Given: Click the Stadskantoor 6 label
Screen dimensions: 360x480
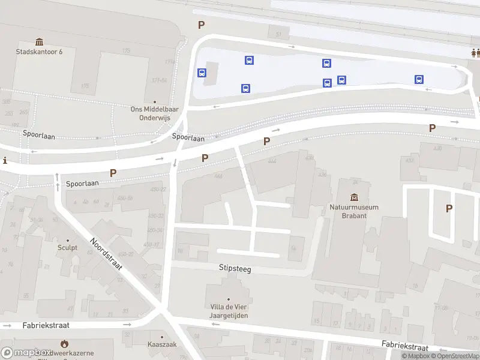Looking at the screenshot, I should [x=39, y=52].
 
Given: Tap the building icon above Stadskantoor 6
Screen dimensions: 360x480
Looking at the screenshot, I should [x=40, y=41].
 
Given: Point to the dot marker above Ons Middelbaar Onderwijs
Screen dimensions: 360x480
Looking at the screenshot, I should [x=155, y=103].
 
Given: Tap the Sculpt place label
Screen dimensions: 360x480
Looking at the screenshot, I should [x=67, y=247].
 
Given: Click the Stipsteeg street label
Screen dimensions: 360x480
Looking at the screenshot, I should [x=235, y=269].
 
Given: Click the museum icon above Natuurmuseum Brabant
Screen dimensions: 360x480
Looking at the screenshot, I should [x=354, y=197].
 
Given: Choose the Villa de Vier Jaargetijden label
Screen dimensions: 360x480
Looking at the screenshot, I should [x=229, y=311].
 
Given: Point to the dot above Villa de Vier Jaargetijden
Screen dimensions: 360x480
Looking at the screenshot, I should [x=229, y=299].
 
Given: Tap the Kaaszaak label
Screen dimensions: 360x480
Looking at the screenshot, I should [x=161, y=344].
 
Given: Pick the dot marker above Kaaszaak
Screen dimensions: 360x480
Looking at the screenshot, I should [x=161, y=335].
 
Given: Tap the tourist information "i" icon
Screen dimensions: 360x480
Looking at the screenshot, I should [x=5, y=160].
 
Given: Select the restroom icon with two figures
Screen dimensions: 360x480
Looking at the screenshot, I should [x=475, y=52].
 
